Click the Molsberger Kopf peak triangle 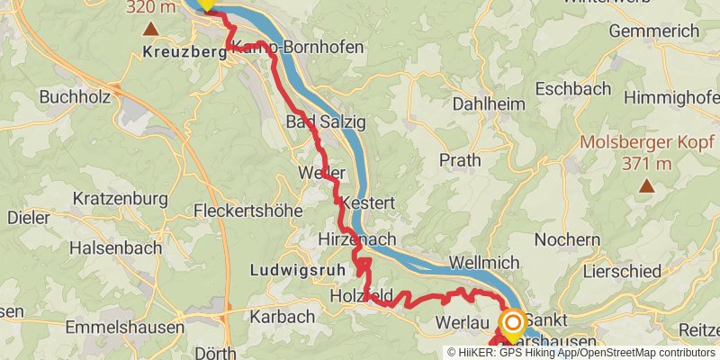point(646,186)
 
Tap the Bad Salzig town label point(319,121)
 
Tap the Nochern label point(567,239)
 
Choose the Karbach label point(282,316)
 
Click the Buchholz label point(75,95)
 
